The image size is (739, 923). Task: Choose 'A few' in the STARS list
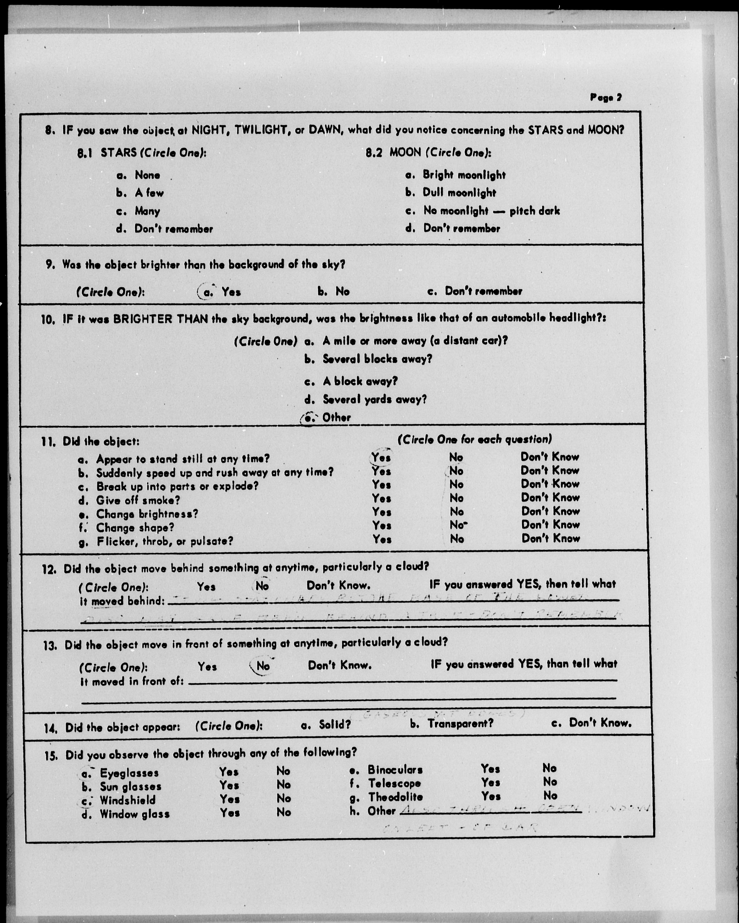[x=149, y=193]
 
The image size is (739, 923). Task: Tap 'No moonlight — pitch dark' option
[x=491, y=211]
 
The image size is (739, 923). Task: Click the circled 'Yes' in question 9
[x=231, y=292]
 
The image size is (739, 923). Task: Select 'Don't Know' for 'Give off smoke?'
[x=550, y=498]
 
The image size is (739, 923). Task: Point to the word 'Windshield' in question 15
[x=128, y=800]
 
